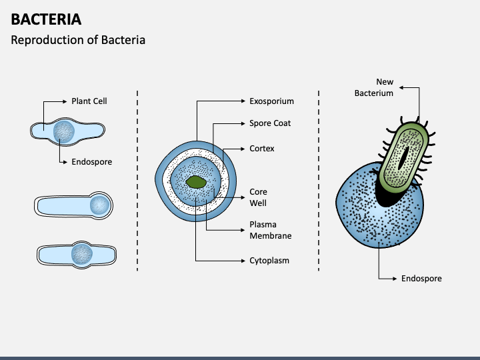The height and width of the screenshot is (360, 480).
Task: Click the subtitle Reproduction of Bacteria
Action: click(78, 40)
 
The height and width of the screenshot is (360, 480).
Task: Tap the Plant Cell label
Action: click(89, 101)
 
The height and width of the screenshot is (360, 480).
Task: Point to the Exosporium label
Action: click(271, 101)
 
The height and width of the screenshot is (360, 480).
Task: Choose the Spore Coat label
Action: click(270, 123)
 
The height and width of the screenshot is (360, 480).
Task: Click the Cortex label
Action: click(262, 149)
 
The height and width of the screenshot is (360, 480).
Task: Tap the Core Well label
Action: click(258, 197)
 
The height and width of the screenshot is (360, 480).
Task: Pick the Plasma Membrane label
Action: click(270, 230)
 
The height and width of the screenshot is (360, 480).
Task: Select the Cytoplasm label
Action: click(269, 261)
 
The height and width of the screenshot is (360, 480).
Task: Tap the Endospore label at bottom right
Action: click(421, 278)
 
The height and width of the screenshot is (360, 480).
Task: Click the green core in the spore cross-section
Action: click(196, 181)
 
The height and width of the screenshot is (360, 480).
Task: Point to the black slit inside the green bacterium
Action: click(404, 157)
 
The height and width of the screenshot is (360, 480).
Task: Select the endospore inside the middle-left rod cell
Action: click(100, 205)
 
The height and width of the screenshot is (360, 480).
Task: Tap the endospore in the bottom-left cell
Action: click(83, 253)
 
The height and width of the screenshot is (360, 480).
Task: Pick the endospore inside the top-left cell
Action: click(65, 131)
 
